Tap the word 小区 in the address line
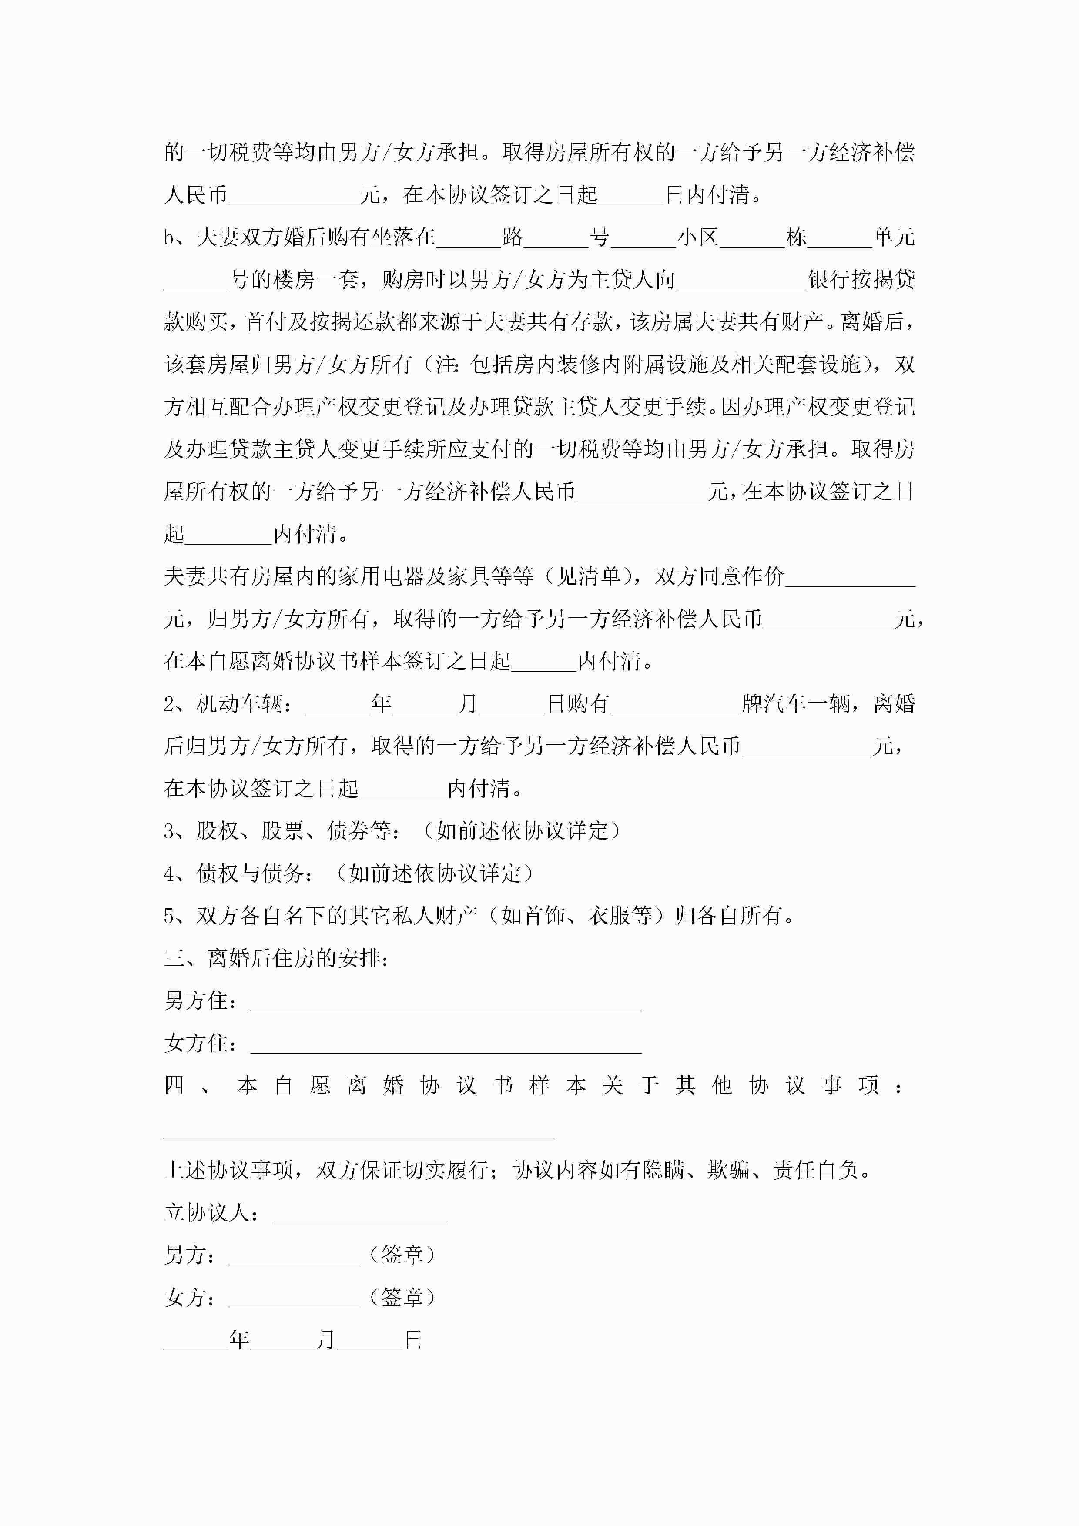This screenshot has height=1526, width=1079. tap(697, 237)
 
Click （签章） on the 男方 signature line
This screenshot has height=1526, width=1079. tap(402, 1255)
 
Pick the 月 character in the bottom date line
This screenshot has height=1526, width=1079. tap(326, 1340)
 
